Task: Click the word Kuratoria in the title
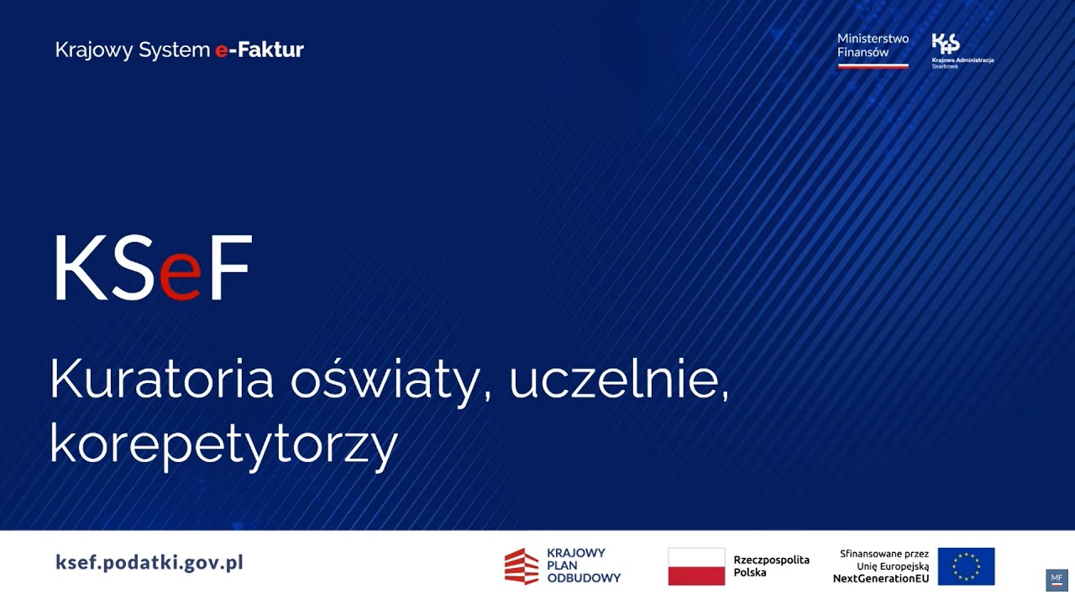[x=162, y=380]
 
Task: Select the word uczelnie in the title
[x=617, y=380]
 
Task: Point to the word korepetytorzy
[x=223, y=445]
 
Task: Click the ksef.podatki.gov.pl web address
[x=149, y=562]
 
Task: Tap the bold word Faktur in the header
[x=270, y=50]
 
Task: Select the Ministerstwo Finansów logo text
[x=873, y=45]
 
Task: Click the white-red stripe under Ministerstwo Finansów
[x=873, y=66]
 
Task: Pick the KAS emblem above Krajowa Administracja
[x=946, y=44]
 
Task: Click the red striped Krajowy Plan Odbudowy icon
[x=522, y=566]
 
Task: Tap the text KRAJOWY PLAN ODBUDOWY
[x=583, y=566]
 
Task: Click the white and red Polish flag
[x=696, y=566]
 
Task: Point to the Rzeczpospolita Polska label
[x=771, y=566]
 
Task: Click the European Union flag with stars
[x=966, y=566]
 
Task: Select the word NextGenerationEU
[x=881, y=579]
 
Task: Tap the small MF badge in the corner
[x=1057, y=579]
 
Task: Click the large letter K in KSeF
[x=81, y=269]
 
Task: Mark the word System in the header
[x=174, y=50]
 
